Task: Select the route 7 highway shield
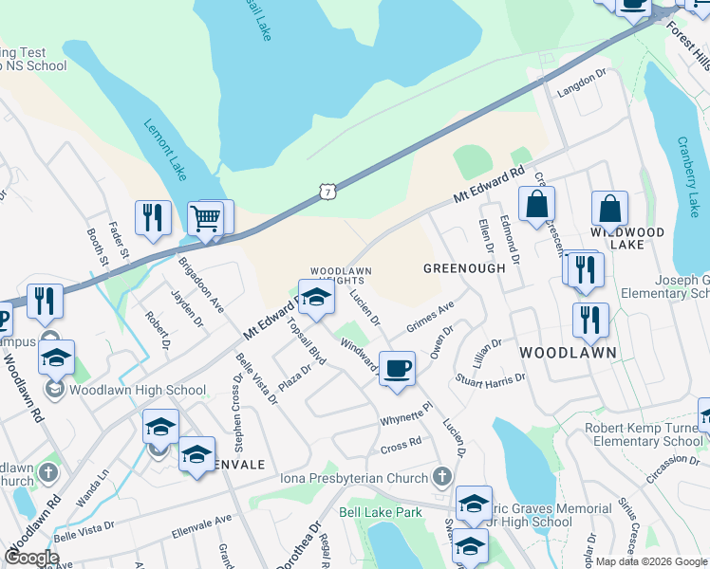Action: [327, 193]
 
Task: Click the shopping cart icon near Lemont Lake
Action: [205, 219]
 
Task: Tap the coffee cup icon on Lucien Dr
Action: [397, 367]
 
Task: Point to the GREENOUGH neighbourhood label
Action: [464, 268]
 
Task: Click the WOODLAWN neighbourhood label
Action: [569, 353]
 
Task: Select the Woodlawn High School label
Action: [139, 390]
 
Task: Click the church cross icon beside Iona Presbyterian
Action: [441, 475]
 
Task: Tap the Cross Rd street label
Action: [402, 443]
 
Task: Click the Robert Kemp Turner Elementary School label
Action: [645, 434]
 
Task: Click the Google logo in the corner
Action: [31, 557]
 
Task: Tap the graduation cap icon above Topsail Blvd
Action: [317, 297]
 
